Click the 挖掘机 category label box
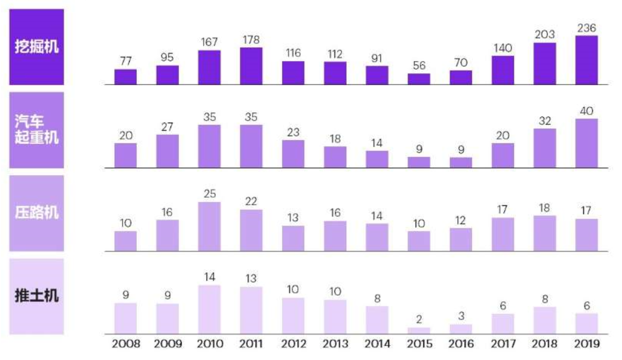[x=36, y=46]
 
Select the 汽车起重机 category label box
[x=36, y=130]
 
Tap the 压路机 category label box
[x=36, y=213]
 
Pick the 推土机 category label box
[x=36, y=296]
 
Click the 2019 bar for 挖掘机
[x=586, y=60]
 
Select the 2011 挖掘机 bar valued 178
[x=251, y=66]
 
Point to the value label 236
[x=586, y=28]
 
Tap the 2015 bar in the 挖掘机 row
[x=419, y=79]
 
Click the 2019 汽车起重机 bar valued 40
[x=586, y=143]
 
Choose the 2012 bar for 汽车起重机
[x=293, y=154]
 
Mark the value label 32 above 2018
[x=545, y=121]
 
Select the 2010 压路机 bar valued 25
[x=209, y=227]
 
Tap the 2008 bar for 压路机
[x=126, y=241]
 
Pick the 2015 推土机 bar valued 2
[x=419, y=330]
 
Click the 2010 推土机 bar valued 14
[x=209, y=309]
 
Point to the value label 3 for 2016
[x=461, y=317]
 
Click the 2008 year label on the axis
[x=126, y=344]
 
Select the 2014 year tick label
[x=377, y=344]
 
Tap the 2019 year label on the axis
[x=586, y=344]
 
